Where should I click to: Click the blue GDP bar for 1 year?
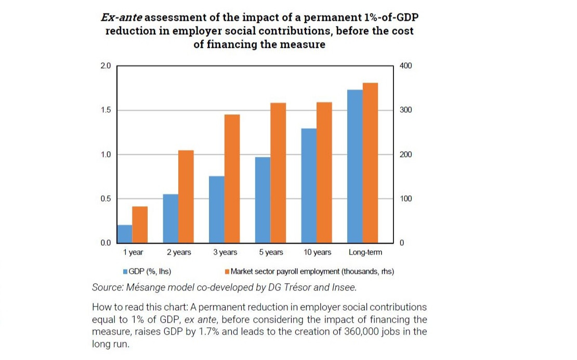click(125, 234)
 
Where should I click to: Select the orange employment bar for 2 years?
click(186, 196)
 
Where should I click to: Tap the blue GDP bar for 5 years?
click(263, 200)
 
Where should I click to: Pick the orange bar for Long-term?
click(370, 163)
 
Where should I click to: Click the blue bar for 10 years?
click(309, 185)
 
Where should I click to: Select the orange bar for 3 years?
click(232, 179)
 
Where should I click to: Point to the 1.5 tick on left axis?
click(106, 111)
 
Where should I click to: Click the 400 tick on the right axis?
click(405, 66)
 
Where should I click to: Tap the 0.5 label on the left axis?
click(106, 199)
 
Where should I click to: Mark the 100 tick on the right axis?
click(405, 199)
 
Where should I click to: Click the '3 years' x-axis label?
click(225, 252)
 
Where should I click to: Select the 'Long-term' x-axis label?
click(365, 252)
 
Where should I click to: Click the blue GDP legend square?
click(125, 272)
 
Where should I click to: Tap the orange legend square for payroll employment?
click(227, 272)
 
